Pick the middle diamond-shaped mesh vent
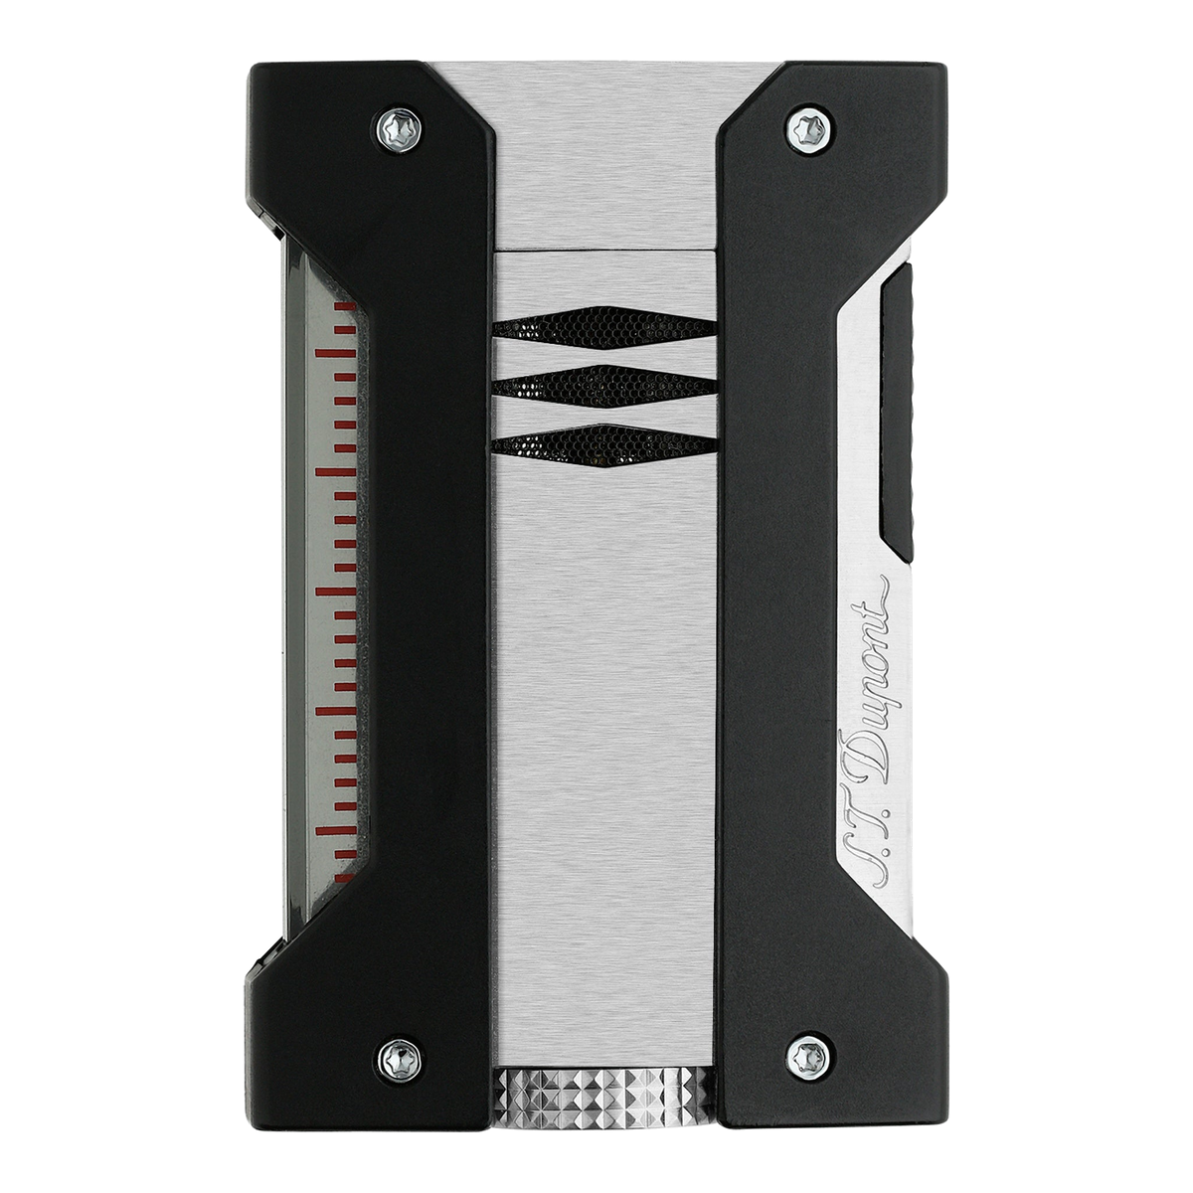(x=604, y=387)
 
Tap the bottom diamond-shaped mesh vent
(x=604, y=445)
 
